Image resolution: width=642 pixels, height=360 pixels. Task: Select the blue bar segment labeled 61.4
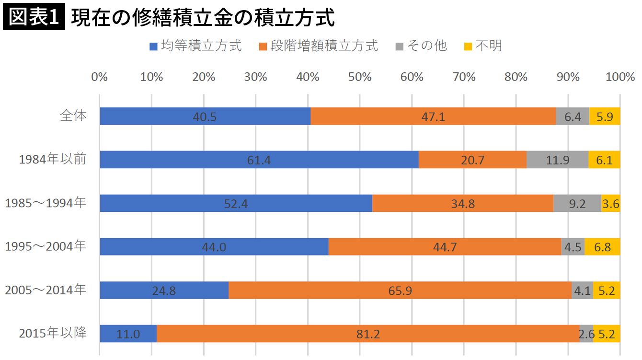tap(259, 160)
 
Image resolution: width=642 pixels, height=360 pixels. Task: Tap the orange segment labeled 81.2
tap(368, 334)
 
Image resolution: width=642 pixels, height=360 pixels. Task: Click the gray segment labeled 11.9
tap(557, 160)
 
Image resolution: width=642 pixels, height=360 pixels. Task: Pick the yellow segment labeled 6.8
tap(602, 247)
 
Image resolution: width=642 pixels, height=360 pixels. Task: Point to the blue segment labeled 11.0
tap(128, 334)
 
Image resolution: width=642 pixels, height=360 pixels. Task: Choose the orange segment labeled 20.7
tap(472, 160)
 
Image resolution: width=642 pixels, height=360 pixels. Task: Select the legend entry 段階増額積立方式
tap(318, 46)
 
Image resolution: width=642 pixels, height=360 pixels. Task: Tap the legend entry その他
tap(421, 46)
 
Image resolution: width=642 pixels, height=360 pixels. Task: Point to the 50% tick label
tap(360, 77)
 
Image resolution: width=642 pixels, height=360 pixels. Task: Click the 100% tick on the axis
tap(620, 77)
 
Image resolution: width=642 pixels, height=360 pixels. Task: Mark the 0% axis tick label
tap(100, 77)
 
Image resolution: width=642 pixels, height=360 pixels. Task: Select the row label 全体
tap(73, 116)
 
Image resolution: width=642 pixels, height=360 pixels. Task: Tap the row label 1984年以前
tap(53, 159)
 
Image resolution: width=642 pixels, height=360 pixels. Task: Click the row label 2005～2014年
tap(46, 290)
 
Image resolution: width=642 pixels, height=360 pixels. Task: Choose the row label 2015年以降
tap(53, 333)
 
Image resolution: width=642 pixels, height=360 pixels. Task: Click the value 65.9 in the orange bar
tap(400, 290)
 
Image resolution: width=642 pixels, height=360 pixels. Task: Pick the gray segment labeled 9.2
tap(577, 203)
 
